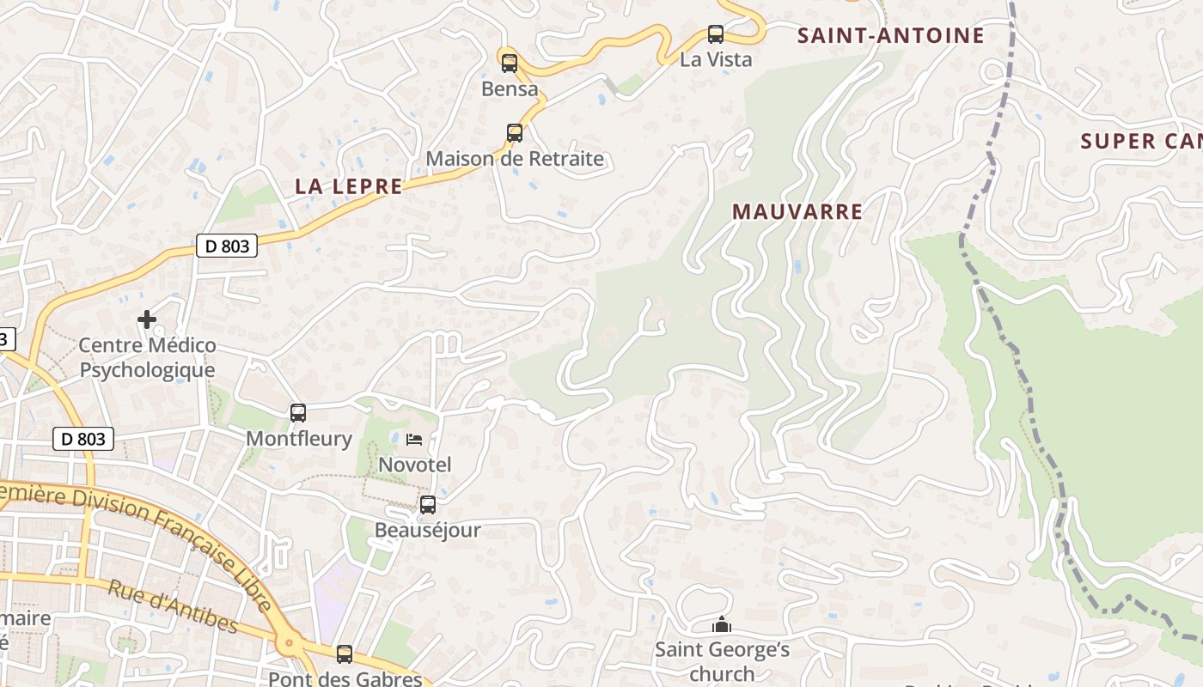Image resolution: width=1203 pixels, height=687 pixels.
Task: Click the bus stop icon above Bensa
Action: click(510, 63)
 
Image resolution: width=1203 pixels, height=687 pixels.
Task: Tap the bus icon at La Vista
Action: click(716, 34)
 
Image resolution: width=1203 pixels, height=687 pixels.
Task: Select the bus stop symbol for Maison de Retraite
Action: click(515, 132)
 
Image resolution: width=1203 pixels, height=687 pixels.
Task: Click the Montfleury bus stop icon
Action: click(298, 413)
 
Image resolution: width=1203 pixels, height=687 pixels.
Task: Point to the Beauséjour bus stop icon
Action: click(428, 505)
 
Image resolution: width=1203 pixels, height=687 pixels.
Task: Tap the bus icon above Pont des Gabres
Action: click(345, 654)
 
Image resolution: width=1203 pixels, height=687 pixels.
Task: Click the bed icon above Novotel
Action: click(414, 440)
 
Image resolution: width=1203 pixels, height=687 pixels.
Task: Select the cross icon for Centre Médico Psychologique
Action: click(147, 319)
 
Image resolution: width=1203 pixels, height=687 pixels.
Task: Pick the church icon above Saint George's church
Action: click(722, 624)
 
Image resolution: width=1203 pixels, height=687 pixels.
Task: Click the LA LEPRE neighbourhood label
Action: click(349, 186)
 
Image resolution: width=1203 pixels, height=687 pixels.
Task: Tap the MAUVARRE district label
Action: click(797, 212)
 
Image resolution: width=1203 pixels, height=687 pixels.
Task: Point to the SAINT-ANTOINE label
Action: click(890, 36)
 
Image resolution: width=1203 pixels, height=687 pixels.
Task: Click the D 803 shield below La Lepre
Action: click(228, 246)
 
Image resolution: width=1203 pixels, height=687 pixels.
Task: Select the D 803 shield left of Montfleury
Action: click(83, 439)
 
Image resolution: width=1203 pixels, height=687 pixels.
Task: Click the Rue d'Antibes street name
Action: click(172, 605)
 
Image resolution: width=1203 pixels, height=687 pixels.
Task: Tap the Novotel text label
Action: click(415, 465)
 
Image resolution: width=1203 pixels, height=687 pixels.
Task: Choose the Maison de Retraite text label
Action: click(515, 159)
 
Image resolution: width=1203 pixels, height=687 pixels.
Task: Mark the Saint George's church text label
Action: click(722, 661)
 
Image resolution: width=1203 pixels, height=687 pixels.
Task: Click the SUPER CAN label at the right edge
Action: click(1141, 142)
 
